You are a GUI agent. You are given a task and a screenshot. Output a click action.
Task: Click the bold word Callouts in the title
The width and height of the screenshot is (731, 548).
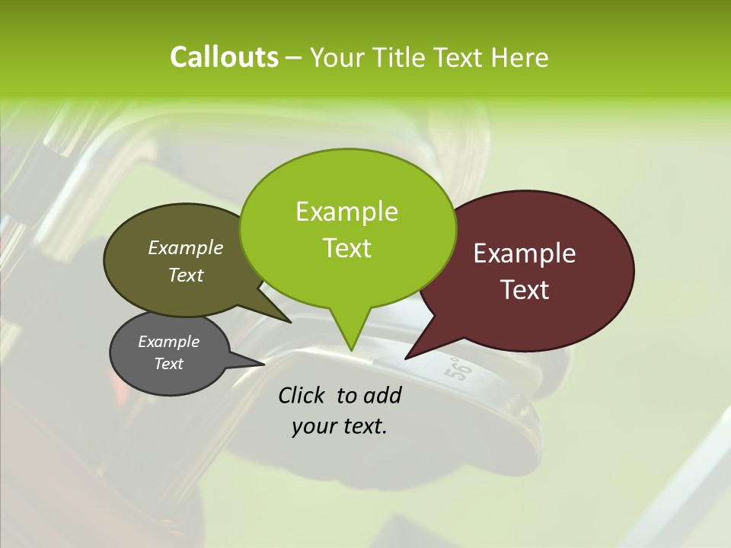(224, 58)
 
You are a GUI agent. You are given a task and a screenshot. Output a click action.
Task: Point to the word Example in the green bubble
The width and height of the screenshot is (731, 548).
(346, 212)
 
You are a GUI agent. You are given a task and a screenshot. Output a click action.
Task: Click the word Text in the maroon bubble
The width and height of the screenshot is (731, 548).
(525, 290)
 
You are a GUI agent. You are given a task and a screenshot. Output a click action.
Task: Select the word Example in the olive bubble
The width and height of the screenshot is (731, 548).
(186, 248)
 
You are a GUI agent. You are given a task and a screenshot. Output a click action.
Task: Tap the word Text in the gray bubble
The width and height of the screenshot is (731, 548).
(168, 364)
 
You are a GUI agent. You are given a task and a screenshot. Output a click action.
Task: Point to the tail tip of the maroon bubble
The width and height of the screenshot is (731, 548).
(407, 357)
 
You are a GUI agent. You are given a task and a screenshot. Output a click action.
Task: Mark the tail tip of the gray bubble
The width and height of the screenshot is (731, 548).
(263, 363)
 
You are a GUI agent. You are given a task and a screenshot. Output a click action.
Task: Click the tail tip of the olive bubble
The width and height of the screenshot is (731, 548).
(290, 322)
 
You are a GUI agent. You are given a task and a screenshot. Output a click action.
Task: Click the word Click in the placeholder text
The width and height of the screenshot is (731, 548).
(303, 396)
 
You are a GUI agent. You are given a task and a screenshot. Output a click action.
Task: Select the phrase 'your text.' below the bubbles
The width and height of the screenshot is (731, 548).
(339, 426)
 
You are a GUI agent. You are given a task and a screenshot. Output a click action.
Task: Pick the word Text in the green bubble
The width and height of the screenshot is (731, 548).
(346, 248)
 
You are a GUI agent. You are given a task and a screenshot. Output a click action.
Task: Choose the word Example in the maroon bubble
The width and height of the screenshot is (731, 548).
(525, 253)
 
